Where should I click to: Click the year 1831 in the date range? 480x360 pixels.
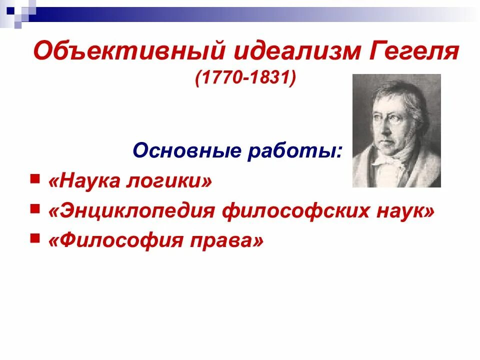tap(269, 78)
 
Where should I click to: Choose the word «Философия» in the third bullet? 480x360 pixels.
tap(115, 241)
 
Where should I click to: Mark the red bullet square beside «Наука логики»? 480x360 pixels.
tap(34, 178)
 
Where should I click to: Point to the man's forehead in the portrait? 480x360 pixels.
tap(390, 100)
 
